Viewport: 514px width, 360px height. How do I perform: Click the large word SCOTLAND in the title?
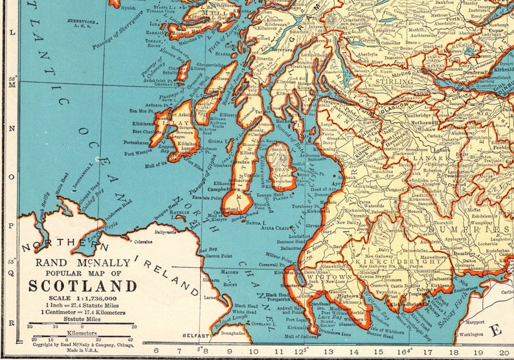coord(82,286)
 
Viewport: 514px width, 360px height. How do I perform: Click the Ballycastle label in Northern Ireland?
coord(166,230)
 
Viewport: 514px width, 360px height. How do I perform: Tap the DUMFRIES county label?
coord(465,229)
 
